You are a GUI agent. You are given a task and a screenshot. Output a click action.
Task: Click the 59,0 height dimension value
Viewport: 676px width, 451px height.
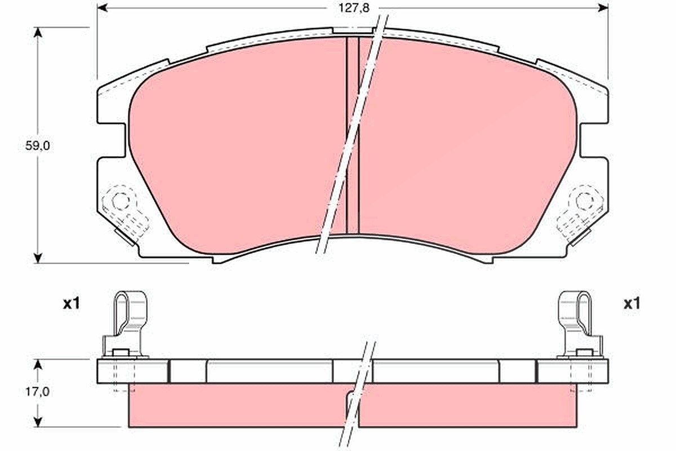tap(37, 146)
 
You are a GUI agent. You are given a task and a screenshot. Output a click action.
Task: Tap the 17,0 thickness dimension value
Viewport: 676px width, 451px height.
tap(37, 392)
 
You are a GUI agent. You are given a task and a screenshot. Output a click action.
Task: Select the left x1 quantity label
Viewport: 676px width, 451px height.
tap(72, 304)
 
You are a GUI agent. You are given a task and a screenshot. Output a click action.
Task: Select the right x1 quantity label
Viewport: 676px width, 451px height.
tap(631, 304)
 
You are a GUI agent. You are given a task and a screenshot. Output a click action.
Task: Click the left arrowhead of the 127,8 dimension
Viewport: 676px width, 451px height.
tap(103, 8)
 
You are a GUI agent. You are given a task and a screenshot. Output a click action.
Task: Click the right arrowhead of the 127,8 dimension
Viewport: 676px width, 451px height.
tap(603, 8)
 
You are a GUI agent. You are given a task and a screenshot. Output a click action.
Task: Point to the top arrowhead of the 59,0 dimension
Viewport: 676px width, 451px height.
tap(37, 32)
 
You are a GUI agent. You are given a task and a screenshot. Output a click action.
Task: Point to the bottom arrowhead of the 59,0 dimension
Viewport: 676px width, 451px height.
tap(37, 258)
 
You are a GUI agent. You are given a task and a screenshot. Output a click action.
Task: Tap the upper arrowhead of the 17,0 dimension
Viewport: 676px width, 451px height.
tap(37, 365)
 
